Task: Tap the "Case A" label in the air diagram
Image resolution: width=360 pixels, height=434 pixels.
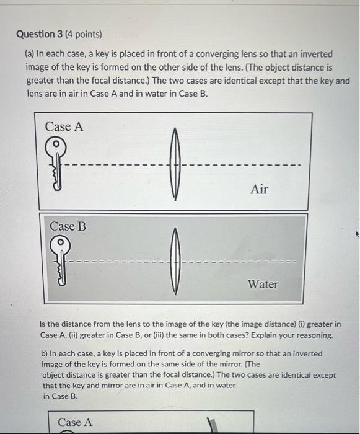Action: [x=64, y=126]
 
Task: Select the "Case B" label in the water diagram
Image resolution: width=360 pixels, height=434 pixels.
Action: [x=68, y=226]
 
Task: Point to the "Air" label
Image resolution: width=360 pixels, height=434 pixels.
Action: [x=259, y=189]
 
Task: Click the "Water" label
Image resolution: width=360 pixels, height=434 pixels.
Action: [x=263, y=284]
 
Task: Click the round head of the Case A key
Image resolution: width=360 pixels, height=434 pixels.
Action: [x=55, y=144]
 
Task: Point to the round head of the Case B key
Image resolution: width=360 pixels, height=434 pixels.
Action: [x=60, y=242]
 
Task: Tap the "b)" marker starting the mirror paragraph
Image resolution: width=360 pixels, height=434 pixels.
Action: [x=44, y=353]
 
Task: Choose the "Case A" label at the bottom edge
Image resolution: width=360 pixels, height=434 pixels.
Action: [x=75, y=422]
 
